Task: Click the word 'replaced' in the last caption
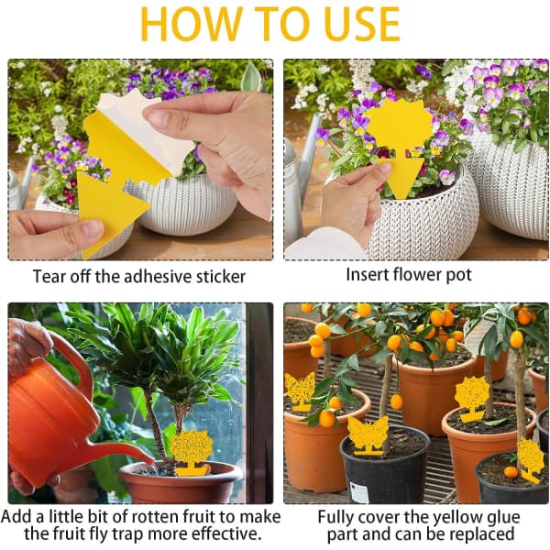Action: click(x=481, y=534)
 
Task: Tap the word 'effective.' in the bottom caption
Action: click(x=226, y=533)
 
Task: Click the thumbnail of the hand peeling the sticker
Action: click(x=140, y=159)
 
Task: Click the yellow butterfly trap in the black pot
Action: click(x=368, y=434)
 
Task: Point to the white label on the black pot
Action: click(x=359, y=492)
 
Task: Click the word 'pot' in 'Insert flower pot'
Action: click(x=458, y=275)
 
